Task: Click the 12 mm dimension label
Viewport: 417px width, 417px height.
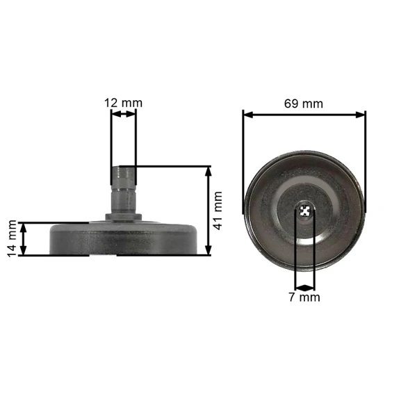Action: (123, 103)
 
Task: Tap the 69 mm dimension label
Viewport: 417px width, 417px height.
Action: (304, 104)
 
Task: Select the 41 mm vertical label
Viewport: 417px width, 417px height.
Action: (218, 211)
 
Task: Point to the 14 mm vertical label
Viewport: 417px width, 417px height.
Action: (12, 238)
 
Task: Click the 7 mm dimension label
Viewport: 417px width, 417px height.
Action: (304, 297)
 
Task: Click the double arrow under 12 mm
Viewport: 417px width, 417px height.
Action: (124, 114)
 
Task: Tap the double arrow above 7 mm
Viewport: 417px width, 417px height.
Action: (305, 288)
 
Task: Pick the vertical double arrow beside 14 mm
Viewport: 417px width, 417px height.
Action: (24, 239)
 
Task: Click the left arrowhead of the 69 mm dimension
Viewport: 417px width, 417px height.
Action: (248, 115)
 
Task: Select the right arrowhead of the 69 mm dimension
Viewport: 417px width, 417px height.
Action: (360, 115)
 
